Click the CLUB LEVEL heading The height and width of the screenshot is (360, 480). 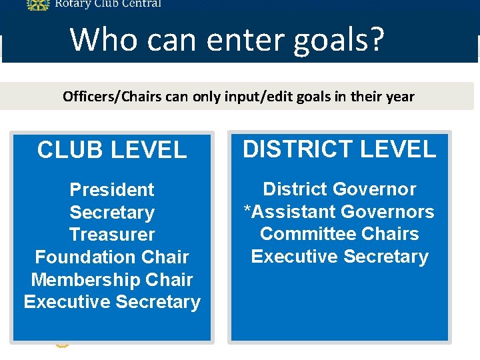[x=112, y=150]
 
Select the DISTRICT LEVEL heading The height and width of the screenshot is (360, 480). [x=339, y=149]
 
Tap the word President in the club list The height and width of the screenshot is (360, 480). [x=112, y=189]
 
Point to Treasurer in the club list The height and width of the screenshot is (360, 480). [x=112, y=235]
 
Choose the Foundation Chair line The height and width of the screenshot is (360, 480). [x=112, y=257]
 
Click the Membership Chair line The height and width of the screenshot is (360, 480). [x=112, y=280]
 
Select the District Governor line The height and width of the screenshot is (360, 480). [x=339, y=189]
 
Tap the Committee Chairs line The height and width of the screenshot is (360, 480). [x=339, y=234]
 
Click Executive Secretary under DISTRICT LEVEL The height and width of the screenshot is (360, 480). [x=339, y=257]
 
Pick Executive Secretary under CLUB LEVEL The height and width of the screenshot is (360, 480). [x=112, y=302]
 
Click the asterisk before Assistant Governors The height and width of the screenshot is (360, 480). [x=247, y=211]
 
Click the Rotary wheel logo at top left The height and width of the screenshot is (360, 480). [x=37, y=4]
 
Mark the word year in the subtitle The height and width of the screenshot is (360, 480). [x=400, y=97]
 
